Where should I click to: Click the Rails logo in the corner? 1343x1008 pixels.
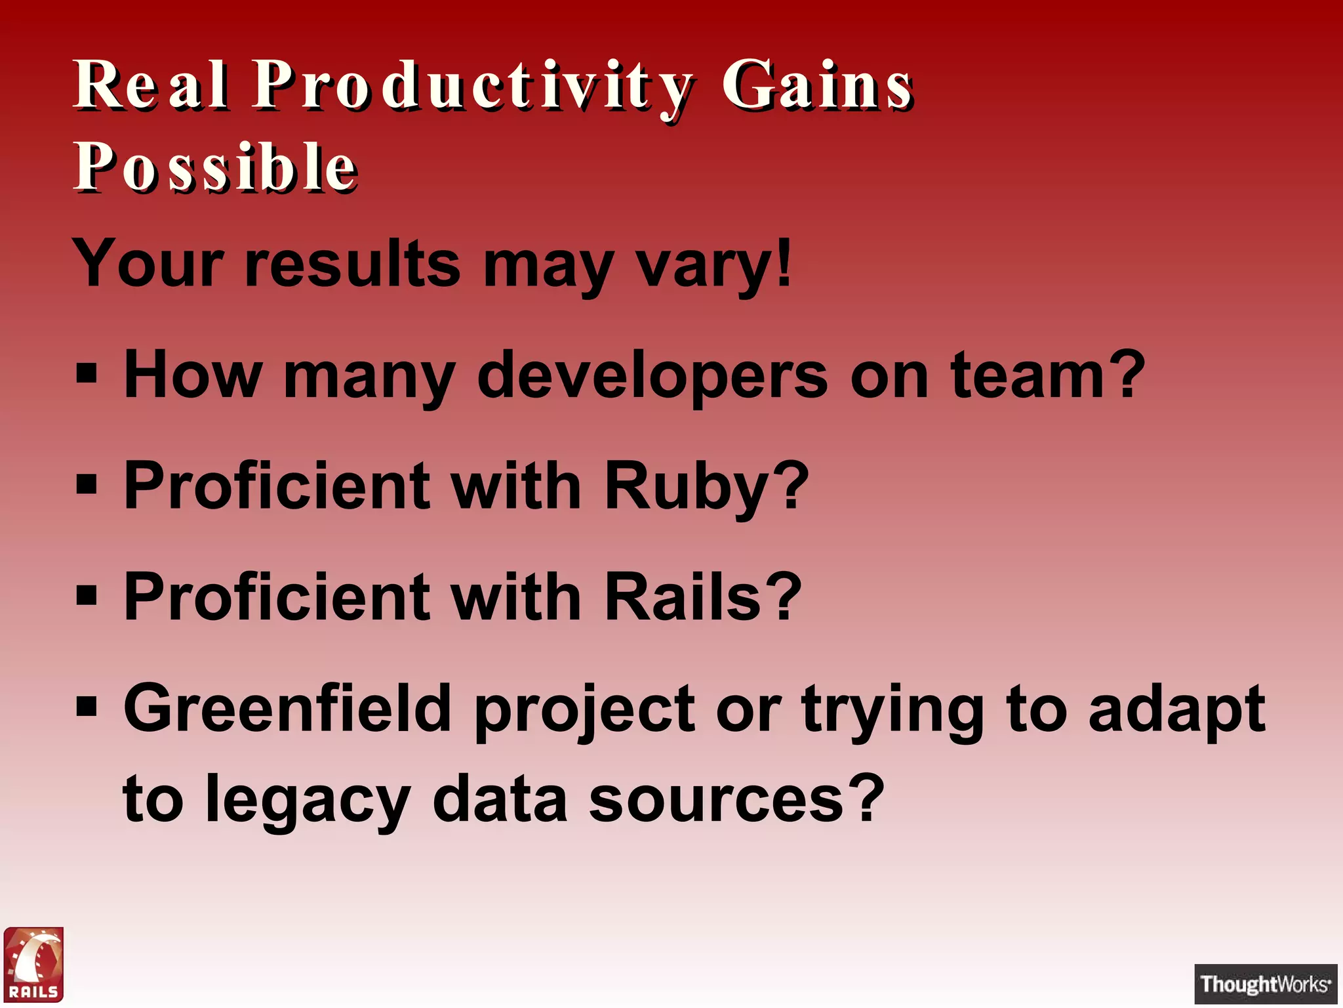33,964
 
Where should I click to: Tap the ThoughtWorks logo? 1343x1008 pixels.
1266,984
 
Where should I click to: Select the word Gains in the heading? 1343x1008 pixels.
817,85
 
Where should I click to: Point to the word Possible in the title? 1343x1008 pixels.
215,167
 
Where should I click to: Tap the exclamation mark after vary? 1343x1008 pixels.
784,262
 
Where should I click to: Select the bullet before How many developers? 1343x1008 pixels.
87,375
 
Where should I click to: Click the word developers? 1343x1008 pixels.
652,377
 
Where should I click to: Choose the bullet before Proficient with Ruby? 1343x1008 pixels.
87,486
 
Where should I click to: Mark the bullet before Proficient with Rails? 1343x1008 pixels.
87,597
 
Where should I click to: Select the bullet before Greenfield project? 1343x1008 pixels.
87,707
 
